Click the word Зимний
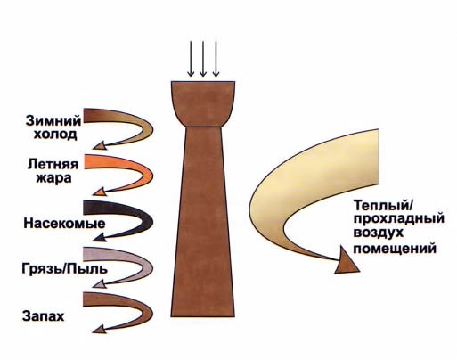(53, 121)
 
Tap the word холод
(55, 135)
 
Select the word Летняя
(53, 164)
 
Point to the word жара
(53, 178)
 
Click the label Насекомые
(64, 224)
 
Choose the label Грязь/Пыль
(64, 269)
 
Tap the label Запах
(44, 316)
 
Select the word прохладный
(399, 219)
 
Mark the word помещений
(395, 249)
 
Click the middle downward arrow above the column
(203, 59)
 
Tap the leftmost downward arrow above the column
(191, 59)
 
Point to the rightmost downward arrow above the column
(216, 59)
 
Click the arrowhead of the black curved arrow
(99, 238)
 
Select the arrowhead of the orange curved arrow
(100, 192)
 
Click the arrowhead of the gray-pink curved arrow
(100, 284)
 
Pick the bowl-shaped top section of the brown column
(203, 104)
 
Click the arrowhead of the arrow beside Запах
(100, 329)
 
